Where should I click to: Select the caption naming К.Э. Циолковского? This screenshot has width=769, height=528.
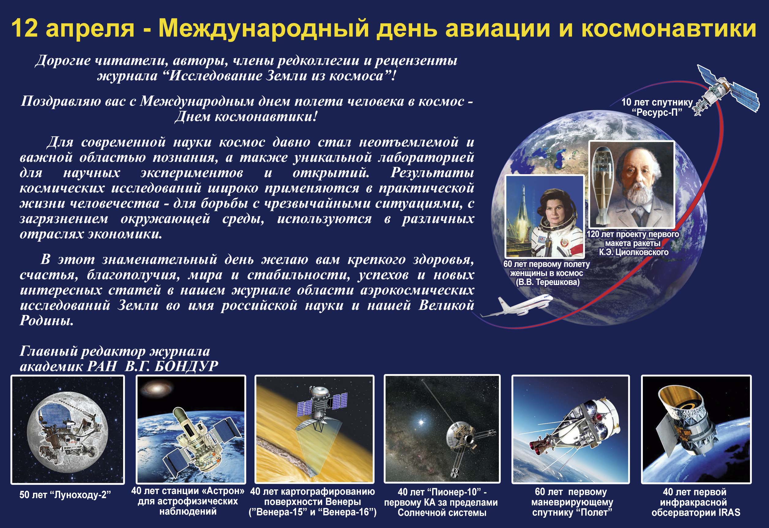point(634,252)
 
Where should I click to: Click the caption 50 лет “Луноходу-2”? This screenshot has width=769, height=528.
point(65,495)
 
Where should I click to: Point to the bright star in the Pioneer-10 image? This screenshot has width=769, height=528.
point(421,422)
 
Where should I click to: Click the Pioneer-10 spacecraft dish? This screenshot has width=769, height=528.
point(460,437)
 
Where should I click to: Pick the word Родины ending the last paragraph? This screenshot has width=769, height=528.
point(46,320)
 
